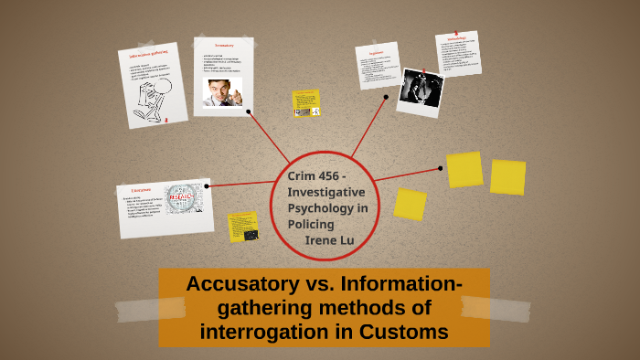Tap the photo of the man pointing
coord(222,90)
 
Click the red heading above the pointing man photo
coord(224,45)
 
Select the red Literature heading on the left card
coord(141,190)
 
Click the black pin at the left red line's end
coord(208,186)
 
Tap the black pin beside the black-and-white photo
coord(386,97)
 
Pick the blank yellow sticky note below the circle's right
coord(410,204)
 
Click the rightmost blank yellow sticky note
coord(507,177)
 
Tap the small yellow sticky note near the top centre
coord(305,103)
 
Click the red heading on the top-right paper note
coord(457,38)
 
